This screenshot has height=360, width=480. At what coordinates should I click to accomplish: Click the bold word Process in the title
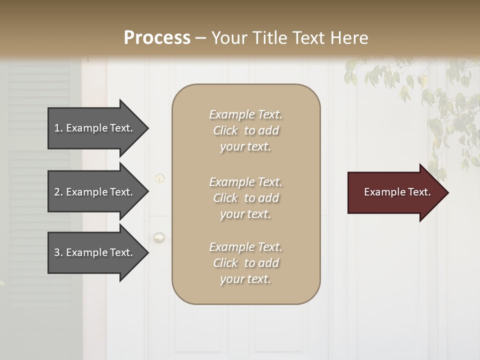[x=157, y=37]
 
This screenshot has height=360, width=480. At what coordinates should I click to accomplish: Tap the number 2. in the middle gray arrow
[x=58, y=192]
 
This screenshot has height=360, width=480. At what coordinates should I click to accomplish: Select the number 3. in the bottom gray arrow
[x=58, y=253]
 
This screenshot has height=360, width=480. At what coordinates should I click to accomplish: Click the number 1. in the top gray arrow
[x=58, y=128]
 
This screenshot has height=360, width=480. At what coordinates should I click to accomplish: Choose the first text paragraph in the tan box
[x=245, y=130]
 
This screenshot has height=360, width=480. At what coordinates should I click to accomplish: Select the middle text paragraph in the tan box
[x=245, y=198]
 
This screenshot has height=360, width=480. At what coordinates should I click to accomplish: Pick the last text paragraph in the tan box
[x=245, y=263]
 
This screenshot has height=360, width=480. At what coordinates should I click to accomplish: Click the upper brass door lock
[x=159, y=178]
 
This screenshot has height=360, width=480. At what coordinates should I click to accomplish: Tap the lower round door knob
[x=159, y=237]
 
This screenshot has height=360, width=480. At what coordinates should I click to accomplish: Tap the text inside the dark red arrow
[x=397, y=192]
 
